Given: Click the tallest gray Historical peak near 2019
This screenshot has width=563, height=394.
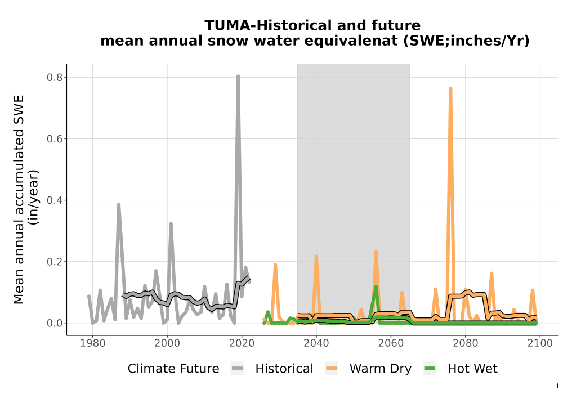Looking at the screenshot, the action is tap(238, 77).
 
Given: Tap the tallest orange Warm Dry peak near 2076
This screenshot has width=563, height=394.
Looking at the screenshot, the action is tap(450, 88).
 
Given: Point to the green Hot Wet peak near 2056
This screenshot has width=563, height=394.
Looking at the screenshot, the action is tap(376, 287).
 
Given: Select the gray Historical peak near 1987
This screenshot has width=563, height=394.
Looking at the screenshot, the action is tap(118, 205).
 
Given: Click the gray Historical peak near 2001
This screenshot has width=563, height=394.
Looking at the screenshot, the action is tap(171, 224).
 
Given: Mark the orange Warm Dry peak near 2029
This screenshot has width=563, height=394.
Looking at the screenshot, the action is tap(275, 265).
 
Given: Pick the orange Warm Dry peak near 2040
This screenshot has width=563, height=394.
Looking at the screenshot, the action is tap(316, 257).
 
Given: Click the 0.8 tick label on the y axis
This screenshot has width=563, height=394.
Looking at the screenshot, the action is tap(55, 78).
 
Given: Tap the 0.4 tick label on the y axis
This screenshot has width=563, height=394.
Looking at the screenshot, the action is tap(55, 200).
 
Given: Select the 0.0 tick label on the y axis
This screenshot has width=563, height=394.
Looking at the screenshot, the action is tap(55, 323).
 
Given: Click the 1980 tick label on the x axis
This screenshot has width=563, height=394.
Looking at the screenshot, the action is tap(93, 343).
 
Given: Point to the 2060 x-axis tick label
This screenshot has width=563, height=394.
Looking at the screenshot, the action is tap(391, 343).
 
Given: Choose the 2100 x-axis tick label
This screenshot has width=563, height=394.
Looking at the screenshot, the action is tap(540, 343).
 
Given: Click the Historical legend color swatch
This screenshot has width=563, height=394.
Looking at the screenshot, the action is tap(238, 369).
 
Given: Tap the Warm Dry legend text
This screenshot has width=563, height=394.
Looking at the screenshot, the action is tap(380, 369).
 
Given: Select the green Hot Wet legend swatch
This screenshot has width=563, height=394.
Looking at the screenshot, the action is tap(430, 369).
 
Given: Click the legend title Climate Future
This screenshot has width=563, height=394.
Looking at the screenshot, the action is tap(173, 369).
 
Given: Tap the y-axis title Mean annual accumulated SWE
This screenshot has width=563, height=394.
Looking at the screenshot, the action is tap(19, 199).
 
